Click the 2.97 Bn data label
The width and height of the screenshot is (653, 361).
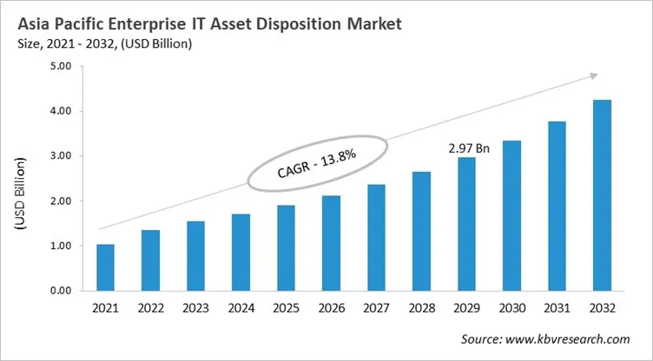coord(469,148)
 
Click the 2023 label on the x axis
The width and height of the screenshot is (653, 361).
coord(195,309)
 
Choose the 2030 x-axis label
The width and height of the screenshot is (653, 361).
coord(511,309)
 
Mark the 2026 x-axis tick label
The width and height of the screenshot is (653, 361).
coord(331,309)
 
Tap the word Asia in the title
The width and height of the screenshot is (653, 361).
coord(32,24)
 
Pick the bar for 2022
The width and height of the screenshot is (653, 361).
coord(150,260)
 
